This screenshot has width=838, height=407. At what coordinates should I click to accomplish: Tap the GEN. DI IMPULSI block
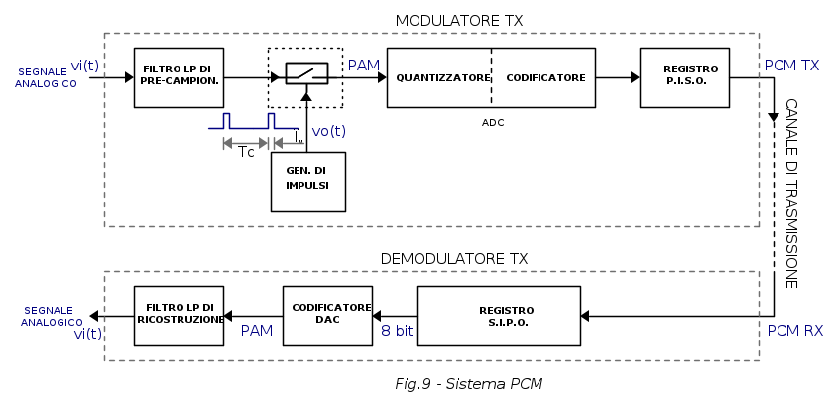(308, 181)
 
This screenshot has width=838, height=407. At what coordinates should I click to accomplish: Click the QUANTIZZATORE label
(443, 77)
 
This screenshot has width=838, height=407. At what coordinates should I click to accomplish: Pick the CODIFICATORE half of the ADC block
(544, 77)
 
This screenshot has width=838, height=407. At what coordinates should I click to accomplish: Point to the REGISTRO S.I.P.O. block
(498, 316)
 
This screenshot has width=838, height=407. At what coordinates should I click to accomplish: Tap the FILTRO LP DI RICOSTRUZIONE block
(180, 315)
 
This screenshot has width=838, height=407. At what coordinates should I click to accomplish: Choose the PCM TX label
(792, 66)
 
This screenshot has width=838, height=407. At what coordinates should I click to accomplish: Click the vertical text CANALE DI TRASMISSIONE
(791, 194)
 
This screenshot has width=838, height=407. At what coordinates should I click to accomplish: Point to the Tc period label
(247, 151)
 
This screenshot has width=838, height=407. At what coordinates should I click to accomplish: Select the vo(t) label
(329, 131)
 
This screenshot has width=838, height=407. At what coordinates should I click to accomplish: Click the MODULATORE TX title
(458, 21)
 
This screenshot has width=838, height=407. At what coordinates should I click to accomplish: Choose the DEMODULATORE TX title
(454, 258)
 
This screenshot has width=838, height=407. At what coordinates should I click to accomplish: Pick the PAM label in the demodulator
(257, 329)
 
